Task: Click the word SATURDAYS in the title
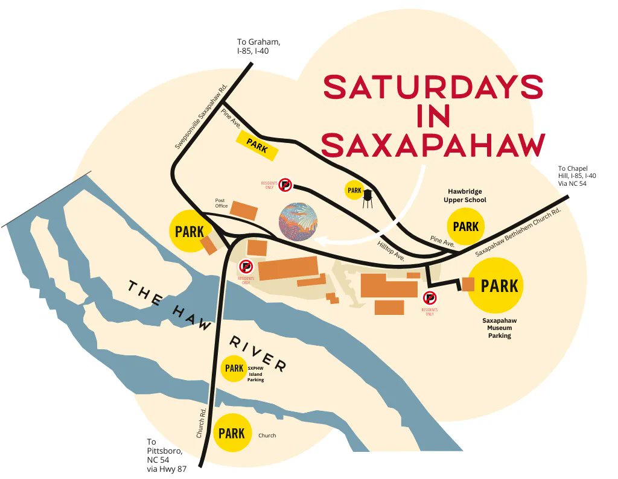click(433, 87)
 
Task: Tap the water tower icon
click(368, 198)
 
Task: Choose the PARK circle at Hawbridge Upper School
click(465, 227)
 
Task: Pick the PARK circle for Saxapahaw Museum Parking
click(500, 285)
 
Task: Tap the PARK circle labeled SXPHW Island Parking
click(234, 368)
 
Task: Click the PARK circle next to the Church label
click(232, 433)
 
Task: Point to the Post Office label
click(221, 203)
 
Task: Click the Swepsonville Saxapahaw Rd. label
click(200, 116)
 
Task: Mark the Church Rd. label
click(202, 422)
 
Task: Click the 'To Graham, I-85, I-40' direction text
click(258, 46)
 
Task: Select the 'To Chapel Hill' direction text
click(576, 176)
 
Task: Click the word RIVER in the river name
click(257, 354)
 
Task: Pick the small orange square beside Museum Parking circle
click(468, 284)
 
